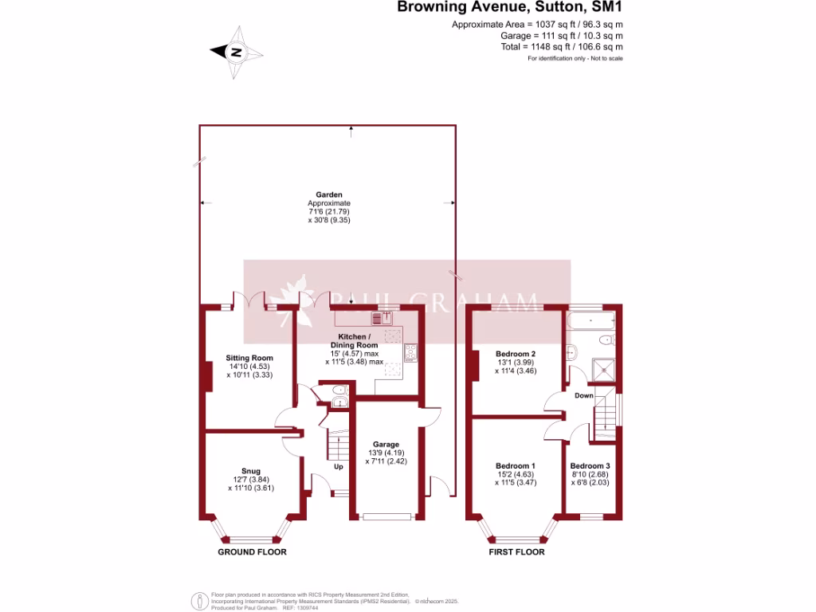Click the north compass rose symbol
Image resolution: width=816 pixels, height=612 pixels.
(x=237, y=52)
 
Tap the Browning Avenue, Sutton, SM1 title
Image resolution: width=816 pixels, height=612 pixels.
(x=510, y=9)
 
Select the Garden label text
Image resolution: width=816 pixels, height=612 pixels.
(x=328, y=194)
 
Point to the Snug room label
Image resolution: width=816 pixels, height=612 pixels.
(x=251, y=471)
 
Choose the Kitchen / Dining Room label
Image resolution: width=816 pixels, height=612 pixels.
(x=355, y=341)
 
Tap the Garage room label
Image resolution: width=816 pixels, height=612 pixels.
(x=386, y=445)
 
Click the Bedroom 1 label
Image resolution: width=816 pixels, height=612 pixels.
(x=515, y=466)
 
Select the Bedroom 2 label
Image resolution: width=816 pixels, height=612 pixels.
(x=515, y=354)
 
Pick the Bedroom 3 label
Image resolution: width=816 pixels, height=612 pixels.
(x=590, y=466)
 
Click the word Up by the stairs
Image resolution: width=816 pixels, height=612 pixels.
(x=338, y=466)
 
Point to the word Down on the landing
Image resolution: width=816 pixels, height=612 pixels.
(x=583, y=395)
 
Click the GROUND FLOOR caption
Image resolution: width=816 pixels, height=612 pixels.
(x=252, y=552)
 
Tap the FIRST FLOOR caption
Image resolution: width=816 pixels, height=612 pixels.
(x=516, y=552)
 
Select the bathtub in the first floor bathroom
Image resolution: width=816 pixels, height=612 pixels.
(x=590, y=322)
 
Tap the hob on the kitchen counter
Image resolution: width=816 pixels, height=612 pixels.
(x=411, y=352)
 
